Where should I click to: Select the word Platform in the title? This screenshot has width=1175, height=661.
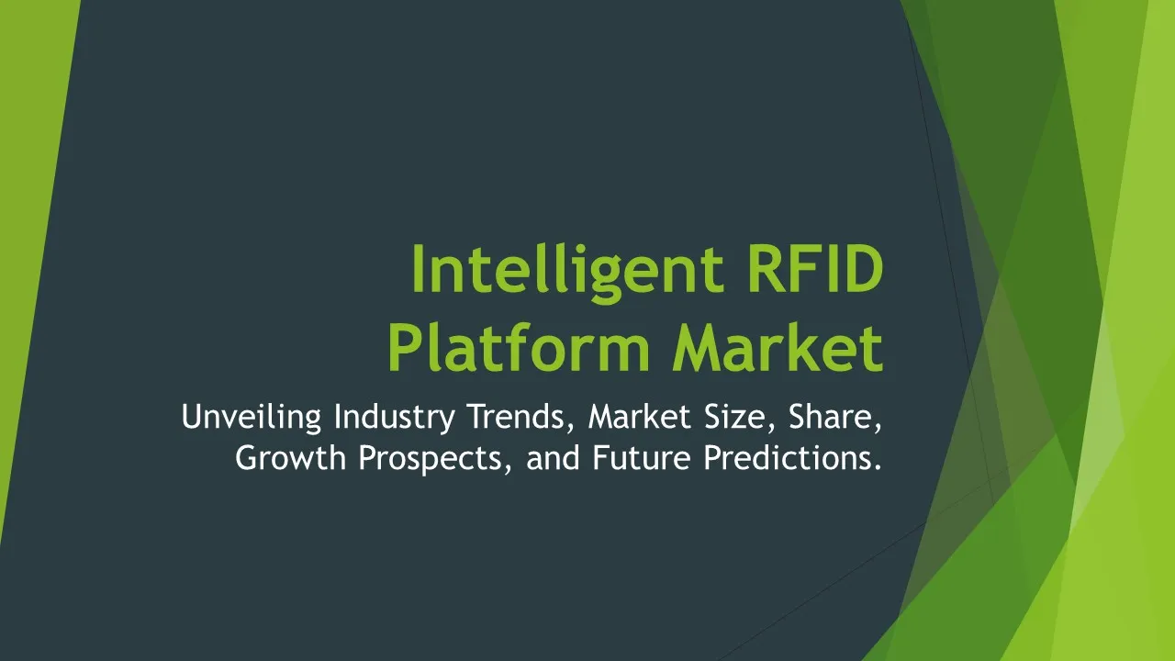point(520,347)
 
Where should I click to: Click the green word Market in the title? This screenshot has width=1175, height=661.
point(778,347)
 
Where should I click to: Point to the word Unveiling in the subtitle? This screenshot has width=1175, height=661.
point(252,418)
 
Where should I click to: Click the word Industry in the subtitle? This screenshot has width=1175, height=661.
point(395,418)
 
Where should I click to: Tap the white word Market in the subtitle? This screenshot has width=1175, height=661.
point(640,417)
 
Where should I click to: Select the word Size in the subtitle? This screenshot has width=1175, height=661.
point(740,417)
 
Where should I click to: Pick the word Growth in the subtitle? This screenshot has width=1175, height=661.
point(291,457)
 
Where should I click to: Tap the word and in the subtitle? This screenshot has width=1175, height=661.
point(553,457)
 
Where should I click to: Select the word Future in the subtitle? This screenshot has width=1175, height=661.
point(642,457)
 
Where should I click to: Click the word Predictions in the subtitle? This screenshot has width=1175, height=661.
point(786,457)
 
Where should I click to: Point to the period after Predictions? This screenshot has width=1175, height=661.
point(877,467)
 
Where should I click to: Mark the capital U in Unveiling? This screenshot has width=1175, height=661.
point(192,417)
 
